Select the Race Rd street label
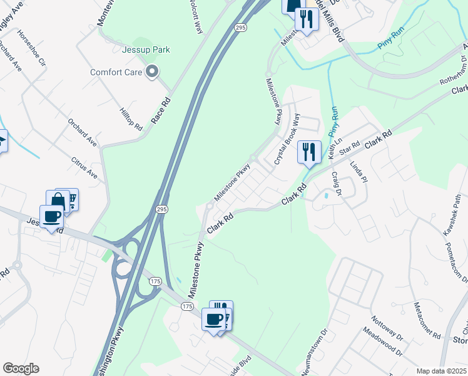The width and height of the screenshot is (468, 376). point(161,110)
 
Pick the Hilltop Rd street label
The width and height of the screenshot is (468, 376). point(131,118)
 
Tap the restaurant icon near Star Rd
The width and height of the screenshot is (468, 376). point(309,152)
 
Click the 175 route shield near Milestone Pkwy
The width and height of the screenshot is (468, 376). point(188,306)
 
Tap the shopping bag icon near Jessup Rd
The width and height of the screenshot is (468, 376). point(58,201)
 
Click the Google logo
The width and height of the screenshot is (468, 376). point(21,368)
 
